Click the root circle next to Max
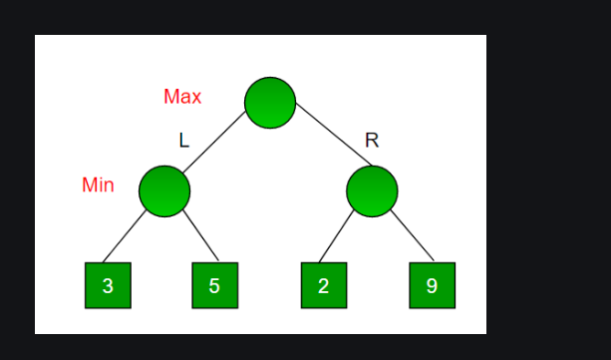click(270, 102)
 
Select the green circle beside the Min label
click(164, 191)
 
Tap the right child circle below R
click(372, 191)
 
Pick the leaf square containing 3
click(108, 285)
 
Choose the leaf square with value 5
click(214, 285)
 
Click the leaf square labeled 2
click(323, 285)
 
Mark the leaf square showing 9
click(432, 285)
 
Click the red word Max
click(182, 97)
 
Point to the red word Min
click(98, 185)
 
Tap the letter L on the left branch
click(183, 141)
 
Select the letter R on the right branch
click(372, 141)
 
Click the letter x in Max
click(196, 98)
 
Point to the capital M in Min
click(89, 185)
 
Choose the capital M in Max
click(171, 97)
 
